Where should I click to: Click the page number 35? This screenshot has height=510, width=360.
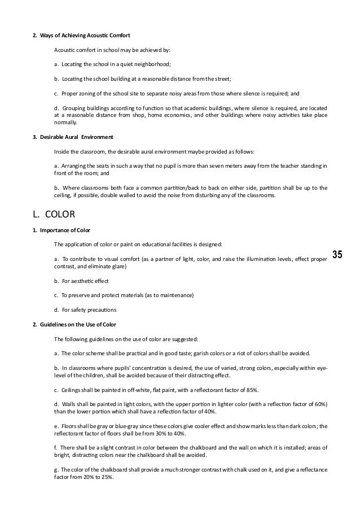pos(337,254)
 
